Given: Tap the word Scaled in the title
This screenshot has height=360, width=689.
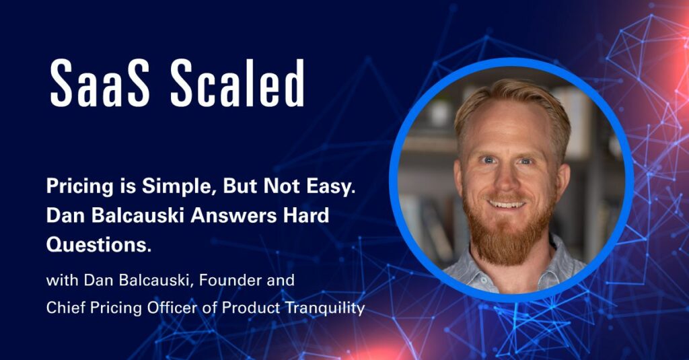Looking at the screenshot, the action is pos(238,83).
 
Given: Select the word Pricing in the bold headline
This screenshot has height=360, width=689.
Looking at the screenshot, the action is pos(79,188).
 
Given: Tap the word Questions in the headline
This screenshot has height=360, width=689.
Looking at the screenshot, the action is pos(99,245).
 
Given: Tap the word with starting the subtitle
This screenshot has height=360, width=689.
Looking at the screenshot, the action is pos(62,281).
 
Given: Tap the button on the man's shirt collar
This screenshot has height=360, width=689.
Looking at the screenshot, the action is pos(482,279).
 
